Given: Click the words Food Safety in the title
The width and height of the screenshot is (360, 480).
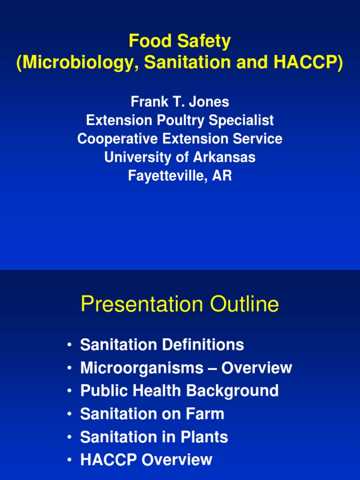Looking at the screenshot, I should [180, 42].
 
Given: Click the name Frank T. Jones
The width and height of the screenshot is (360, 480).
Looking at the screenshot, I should [180, 102].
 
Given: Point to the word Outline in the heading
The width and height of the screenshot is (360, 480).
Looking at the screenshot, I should [245, 305].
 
